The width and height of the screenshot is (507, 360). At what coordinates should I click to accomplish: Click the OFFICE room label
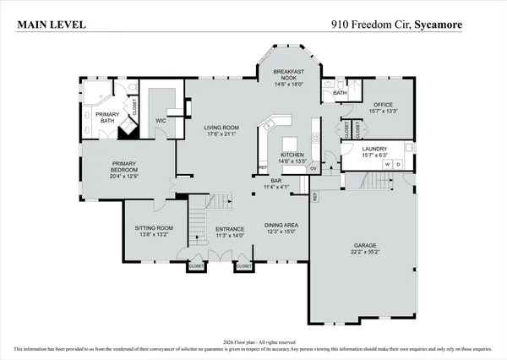click(x=384, y=106)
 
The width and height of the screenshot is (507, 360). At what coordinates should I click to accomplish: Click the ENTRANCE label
click(x=230, y=229)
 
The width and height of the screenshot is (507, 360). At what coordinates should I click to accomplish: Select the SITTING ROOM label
click(x=154, y=227)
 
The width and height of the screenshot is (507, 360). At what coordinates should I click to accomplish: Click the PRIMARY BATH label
click(x=106, y=117)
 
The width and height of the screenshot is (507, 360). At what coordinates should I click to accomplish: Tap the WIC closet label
click(x=161, y=121)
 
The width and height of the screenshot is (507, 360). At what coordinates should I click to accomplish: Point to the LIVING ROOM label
click(x=221, y=128)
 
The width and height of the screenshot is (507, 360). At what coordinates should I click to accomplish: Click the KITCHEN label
click(x=292, y=155)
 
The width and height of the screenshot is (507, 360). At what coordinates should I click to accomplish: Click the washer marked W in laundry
click(x=388, y=165)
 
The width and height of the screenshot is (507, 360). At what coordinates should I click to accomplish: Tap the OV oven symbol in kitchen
click(x=313, y=166)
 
